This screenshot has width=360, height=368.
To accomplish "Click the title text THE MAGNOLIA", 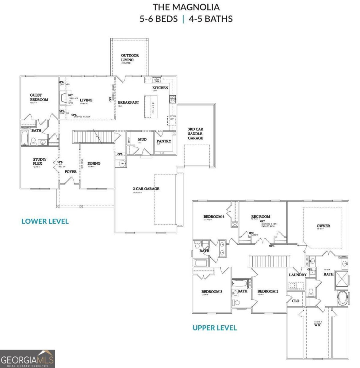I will tap(186, 7).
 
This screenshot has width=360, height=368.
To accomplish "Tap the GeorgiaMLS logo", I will tap(27, 359).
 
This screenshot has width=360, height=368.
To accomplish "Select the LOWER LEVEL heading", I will tap(45, 221).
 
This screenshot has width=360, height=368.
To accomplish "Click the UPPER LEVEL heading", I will tap(214, 328).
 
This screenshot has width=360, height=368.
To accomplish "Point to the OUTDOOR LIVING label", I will tap(129, 58).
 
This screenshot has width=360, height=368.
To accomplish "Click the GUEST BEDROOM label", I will tap(39, 98).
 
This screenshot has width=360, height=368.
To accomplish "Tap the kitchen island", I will tap(151, 106).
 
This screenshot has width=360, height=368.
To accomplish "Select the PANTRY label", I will tap(164, 141).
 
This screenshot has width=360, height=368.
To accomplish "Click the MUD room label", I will tap(142, 140).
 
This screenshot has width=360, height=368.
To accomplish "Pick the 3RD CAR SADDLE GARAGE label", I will tap(195, 134).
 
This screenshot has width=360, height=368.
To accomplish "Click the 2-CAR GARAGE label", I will tap(146, 189).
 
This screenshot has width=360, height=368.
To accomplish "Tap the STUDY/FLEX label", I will tap(40, 161).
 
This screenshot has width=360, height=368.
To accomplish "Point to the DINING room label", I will tap(94, 163).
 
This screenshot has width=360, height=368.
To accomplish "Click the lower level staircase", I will tap(93, 137).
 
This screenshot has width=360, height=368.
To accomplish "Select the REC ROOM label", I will tap(260, 217).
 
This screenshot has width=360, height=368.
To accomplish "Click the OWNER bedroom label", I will tap(323, 226).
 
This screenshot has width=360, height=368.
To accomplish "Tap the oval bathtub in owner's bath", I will tap(342, 299).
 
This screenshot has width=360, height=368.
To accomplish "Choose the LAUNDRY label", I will tap(297, 275).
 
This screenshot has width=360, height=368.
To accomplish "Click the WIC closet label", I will tap(318, 325).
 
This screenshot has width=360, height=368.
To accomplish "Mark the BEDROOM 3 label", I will tap(212, 291).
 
